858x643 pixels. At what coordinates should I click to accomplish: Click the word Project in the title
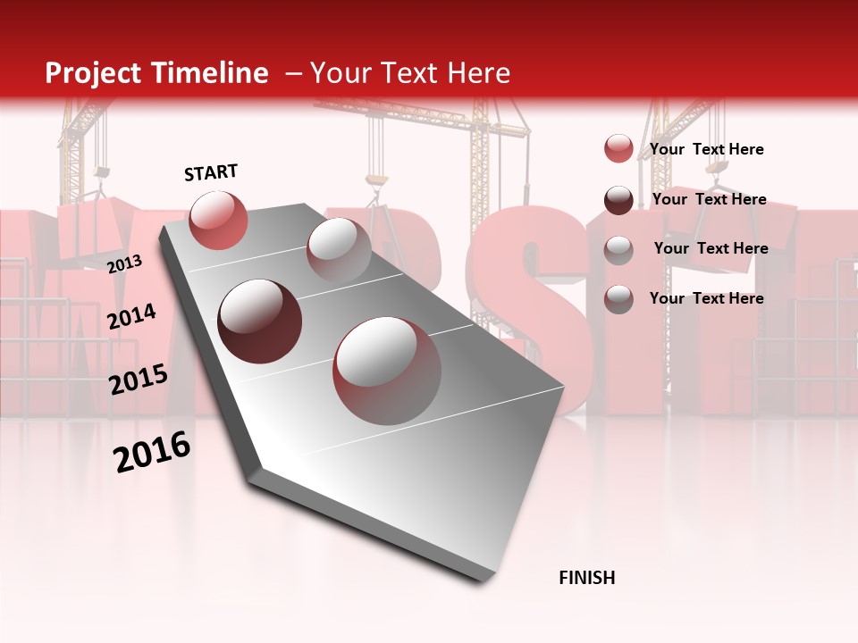(92, 74)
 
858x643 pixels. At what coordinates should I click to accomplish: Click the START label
(211, 172)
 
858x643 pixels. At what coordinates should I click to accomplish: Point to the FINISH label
(586, 578)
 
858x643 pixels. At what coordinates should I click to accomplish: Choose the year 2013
(124, 263)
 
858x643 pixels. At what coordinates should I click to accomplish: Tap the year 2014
(131, 317)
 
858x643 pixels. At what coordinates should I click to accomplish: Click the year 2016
(152, 453)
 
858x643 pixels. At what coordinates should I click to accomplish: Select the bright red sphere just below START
(218, 220)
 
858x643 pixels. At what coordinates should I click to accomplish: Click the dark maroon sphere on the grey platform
(260, 321)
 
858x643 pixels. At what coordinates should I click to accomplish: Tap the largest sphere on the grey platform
(387, 370)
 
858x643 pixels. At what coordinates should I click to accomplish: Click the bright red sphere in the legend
(618, 149)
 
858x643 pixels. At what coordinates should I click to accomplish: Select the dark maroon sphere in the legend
(618, 200)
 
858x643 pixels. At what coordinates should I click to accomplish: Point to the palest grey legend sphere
(618, 250)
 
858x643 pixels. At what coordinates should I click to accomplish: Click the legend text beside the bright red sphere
(706, 149)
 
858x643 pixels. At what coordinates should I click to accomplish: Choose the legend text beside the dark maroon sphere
(709, 199)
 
